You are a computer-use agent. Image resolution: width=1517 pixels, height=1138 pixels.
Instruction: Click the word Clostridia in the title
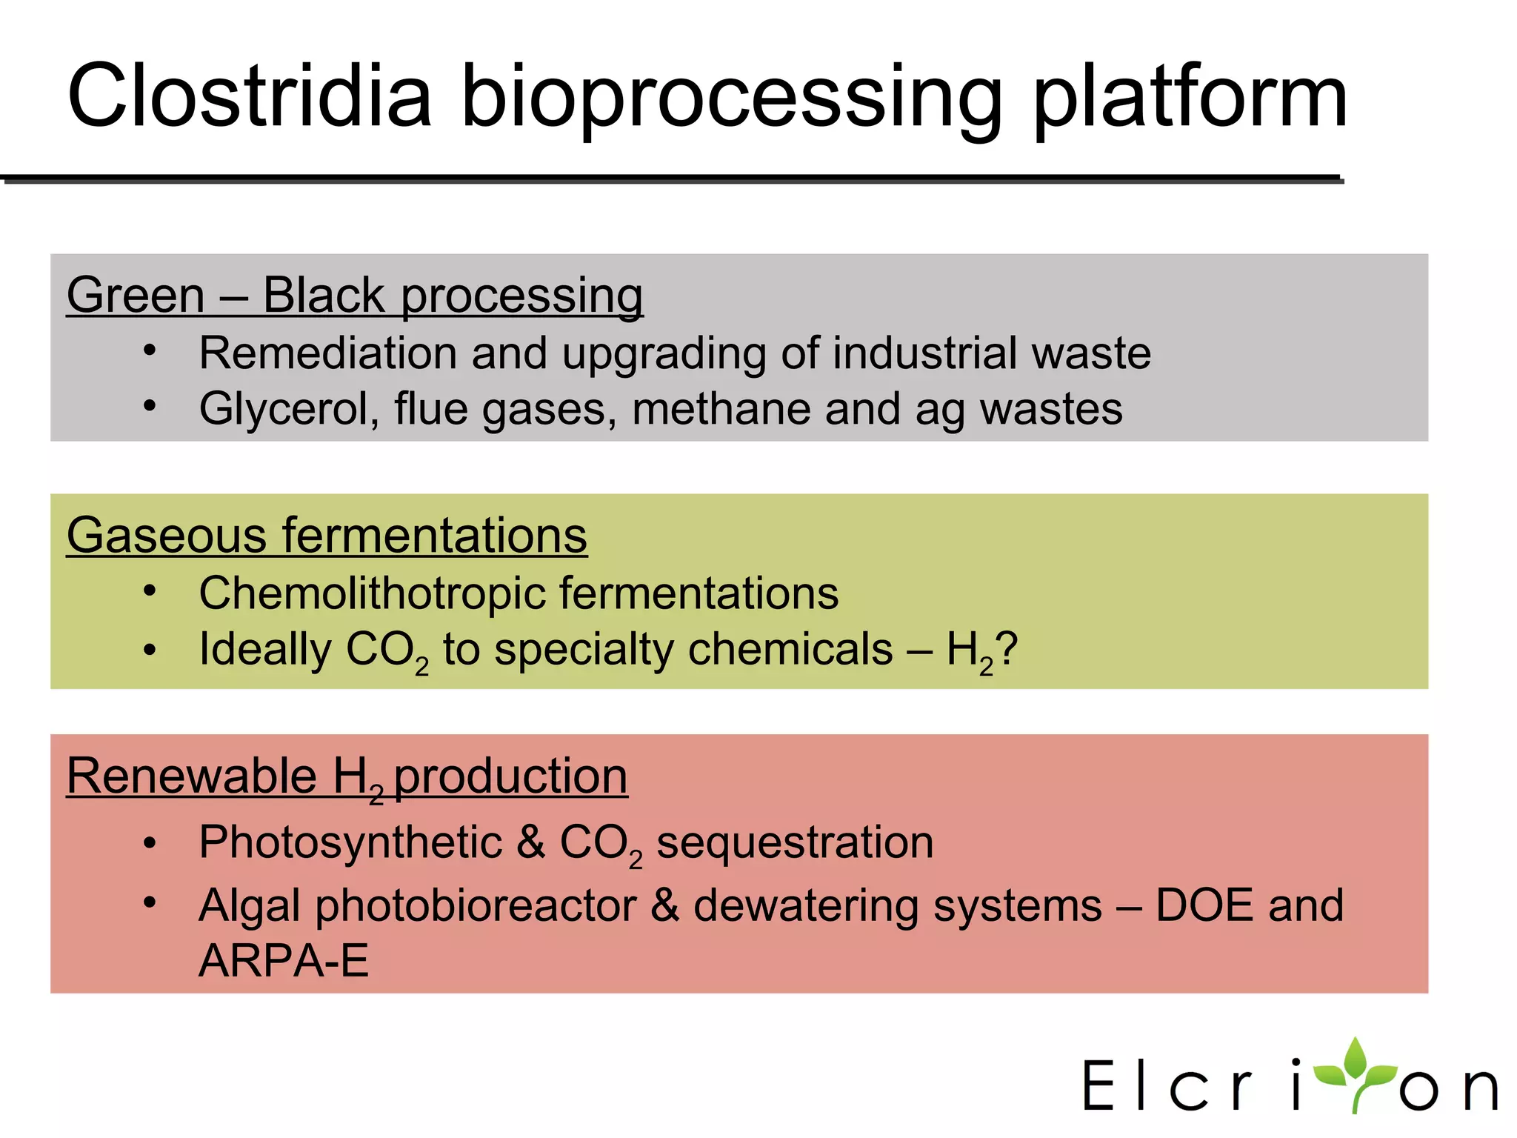pyautogui.click(x=249, y=96)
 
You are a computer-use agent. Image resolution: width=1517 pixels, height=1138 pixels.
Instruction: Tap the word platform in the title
pyautogui.click(x=1190, y=100)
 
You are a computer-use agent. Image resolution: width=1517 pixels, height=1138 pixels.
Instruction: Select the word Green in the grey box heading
pyautogui.click(x=136, y=295)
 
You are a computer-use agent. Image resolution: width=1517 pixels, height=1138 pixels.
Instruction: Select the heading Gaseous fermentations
pyautogui.click(x=327, y=535)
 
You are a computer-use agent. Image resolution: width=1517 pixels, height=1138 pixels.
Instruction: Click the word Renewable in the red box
pyautogui.click(x=192, y=776)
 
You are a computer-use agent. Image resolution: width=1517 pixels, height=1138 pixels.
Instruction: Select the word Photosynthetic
pyautogui.click(x=350, y=843)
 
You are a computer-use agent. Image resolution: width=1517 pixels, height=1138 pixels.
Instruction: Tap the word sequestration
pyautogui.click(x=795, y=843)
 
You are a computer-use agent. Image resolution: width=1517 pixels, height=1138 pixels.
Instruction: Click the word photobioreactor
pyautogui.click(x=476, y=906)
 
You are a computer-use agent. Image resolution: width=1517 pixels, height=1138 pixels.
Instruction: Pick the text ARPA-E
pyautogui.click(x=284, y=961)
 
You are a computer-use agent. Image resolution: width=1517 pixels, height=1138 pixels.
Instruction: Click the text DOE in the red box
pyautogui.click(x=1204, y=905)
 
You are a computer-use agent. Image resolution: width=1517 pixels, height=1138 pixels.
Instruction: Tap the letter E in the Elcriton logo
pyautogui.click(x=1099, y=1085)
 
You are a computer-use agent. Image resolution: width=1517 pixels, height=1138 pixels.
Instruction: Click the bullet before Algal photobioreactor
pyautogui.click(x=150, y=902)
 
